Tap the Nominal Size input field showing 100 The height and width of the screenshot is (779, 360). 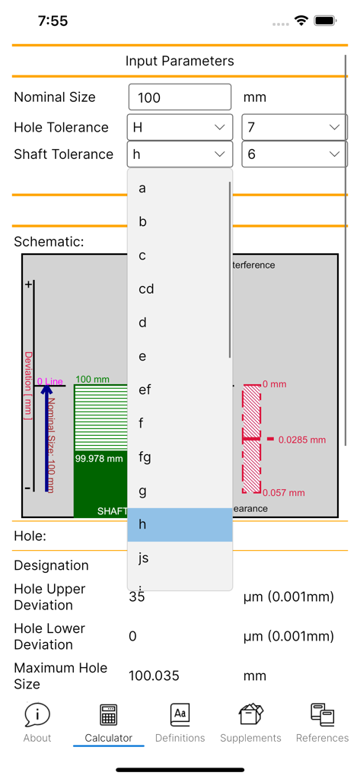[180, 97]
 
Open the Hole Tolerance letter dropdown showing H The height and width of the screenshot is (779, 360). [180, 127]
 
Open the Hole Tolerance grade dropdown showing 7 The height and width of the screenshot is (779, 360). [294, 127]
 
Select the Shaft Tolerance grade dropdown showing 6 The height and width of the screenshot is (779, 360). [294, 154]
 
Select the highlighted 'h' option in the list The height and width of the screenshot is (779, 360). [180, 525]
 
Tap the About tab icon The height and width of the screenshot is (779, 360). [37, 716]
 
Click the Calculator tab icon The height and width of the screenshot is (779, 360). [108, 716]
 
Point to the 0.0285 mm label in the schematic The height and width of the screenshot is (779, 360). [301, 440]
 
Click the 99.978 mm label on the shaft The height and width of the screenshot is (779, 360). [99, 459]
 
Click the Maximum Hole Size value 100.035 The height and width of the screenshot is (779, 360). [155, 676]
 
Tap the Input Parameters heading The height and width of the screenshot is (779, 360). [180, 61]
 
